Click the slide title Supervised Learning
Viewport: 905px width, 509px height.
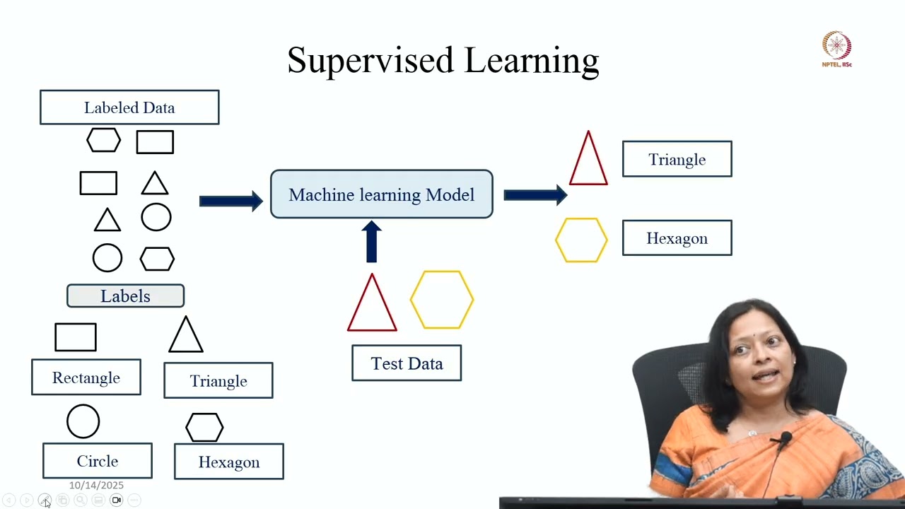pyautogui.click(x=443, y=60)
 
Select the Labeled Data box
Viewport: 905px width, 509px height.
pyautogui.click(x=129, y=107)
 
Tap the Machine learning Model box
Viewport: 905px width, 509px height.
pyautogui.click(x=381, y=194)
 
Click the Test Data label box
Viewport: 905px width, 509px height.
pyautogui.click(x=407, y=363)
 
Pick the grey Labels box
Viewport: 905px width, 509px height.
pyautogui.click(x=125, y=296)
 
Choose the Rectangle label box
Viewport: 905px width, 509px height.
pyautogui.click(x=86, y=378)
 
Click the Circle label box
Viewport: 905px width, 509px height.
pyautogui.click(x=98, y=461)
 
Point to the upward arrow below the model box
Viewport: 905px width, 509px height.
pyautogui.click(x=372, y=242)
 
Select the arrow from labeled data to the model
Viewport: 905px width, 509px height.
pyautogui.click(x=231, y=201)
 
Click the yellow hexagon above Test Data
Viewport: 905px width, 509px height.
pyautogui.click(x=442, y=300)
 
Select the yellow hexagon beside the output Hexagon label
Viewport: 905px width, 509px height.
pyautogui.click(x=581, y=240)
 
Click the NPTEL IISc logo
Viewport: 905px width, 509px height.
pyautogui.click(x=836, y=49)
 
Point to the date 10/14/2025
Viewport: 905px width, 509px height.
pyautogui.click(x=96, y=485)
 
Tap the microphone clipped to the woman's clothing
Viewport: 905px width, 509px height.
pyautogui.click(x=785, y=442)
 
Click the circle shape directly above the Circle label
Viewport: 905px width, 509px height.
pyautogui.click(x=83, y=421)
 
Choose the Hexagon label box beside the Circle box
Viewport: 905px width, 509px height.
pyautogui.click(x=229, y=462)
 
